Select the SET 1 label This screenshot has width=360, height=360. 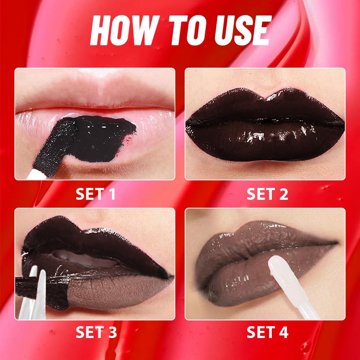[x=95, y=194]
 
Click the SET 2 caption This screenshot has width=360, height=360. [x=267, y=194]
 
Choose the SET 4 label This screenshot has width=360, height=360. [x=267, y=332]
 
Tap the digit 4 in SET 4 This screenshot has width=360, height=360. [x=284, y=332]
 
